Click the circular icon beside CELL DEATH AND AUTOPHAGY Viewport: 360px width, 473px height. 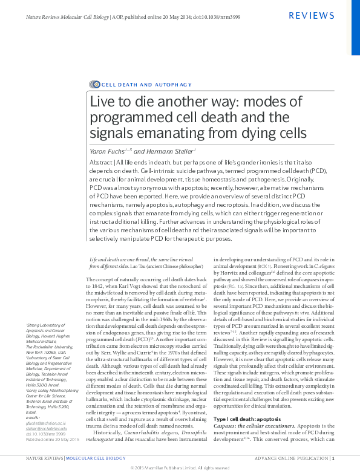click(x=94, y=84)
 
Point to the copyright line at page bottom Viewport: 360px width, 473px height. click(x=180, y=468)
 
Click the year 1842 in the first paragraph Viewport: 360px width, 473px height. click(x=96, y=285)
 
